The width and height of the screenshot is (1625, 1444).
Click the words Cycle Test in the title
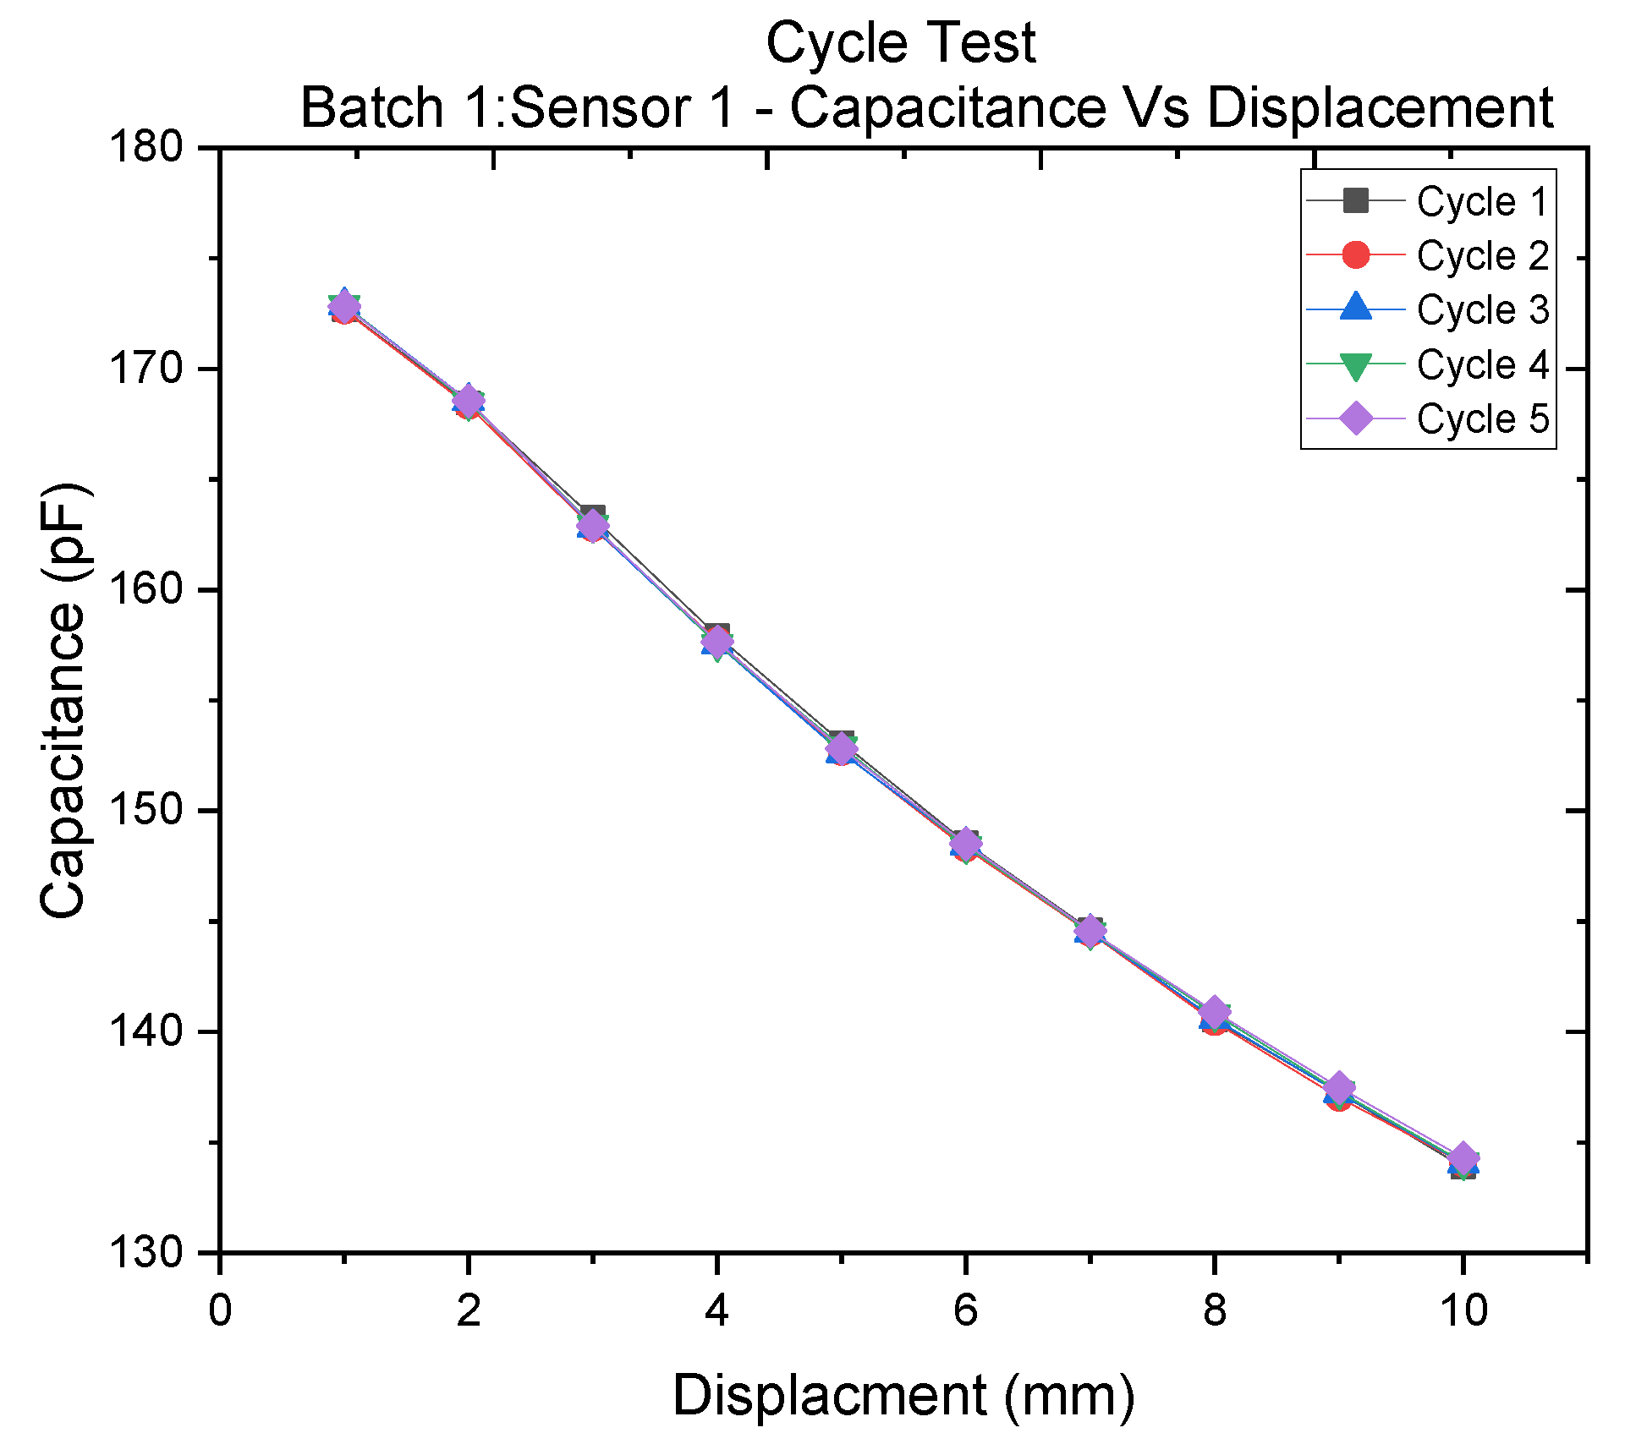[x=900, y=42]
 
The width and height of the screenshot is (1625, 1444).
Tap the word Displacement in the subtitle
[x=1379, y=108]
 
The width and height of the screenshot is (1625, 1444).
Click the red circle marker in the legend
[x=1355, y=254]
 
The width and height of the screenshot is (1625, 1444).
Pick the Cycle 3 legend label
[x=1481, y=309]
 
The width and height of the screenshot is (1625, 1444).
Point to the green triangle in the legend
[x=1355, y=365]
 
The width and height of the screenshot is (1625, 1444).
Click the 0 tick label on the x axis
[x=220, y=1311]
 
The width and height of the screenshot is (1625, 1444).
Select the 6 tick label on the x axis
[x=965, y=1311]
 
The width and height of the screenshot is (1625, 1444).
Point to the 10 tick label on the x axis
[x=1463, y=1311]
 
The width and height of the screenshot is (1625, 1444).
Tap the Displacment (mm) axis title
[x=903, y=1395]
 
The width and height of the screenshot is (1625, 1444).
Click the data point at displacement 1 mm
[x=344, y=307]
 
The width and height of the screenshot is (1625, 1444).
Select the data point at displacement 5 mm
[x=841, y=747]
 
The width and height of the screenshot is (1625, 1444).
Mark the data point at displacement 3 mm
[x=592, y=526]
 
